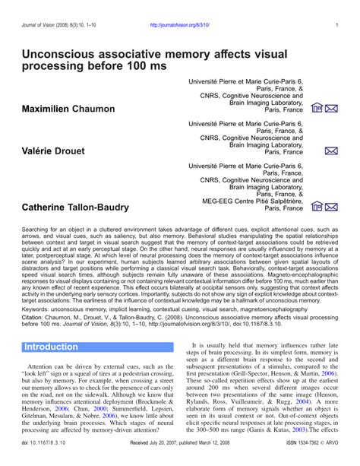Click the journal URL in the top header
(180, 24)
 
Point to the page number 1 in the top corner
(336, 24)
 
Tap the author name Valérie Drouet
(55, 151)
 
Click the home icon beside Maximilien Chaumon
(317, 109)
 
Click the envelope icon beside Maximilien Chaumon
(331, 109)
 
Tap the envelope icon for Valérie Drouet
(331, 151)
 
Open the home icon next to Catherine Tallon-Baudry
(317, 207)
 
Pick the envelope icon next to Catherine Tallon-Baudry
(331, 207)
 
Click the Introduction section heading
(51, 347)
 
